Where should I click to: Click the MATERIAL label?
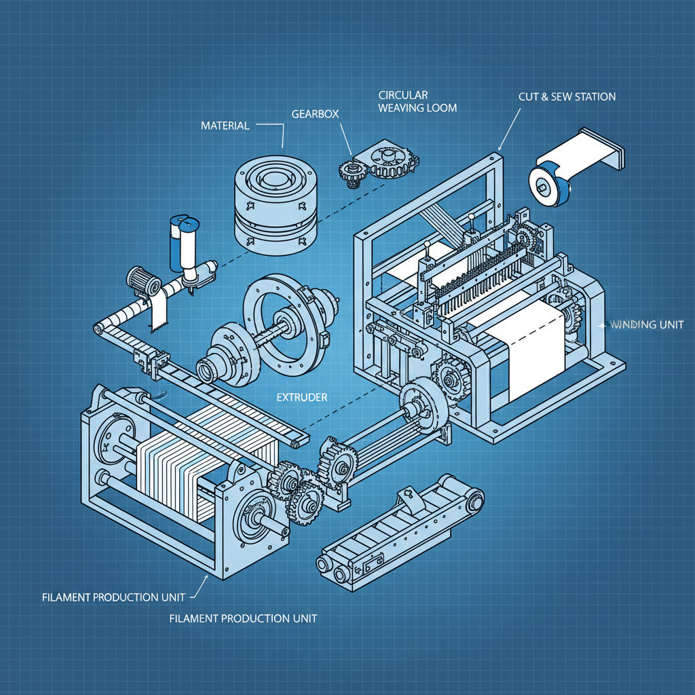pyautogui.click(x=225, y=126)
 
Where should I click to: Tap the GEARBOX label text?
pyautogui.click(x=315, y=114)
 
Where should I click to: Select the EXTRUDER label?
pyautogui.click(x=302, y=397)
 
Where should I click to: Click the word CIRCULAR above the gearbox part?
pyautogui.click(x=402, y=94)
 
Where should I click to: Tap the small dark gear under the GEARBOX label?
pyautogui.click(x=352, y=174)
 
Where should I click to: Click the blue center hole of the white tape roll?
pyautogui.click(x=544, y=184)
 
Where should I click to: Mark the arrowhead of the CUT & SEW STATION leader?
pyautogui.click(x=499, y=149)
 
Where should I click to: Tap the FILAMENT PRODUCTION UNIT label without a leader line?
pyautogui.click(x=242, y=618)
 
